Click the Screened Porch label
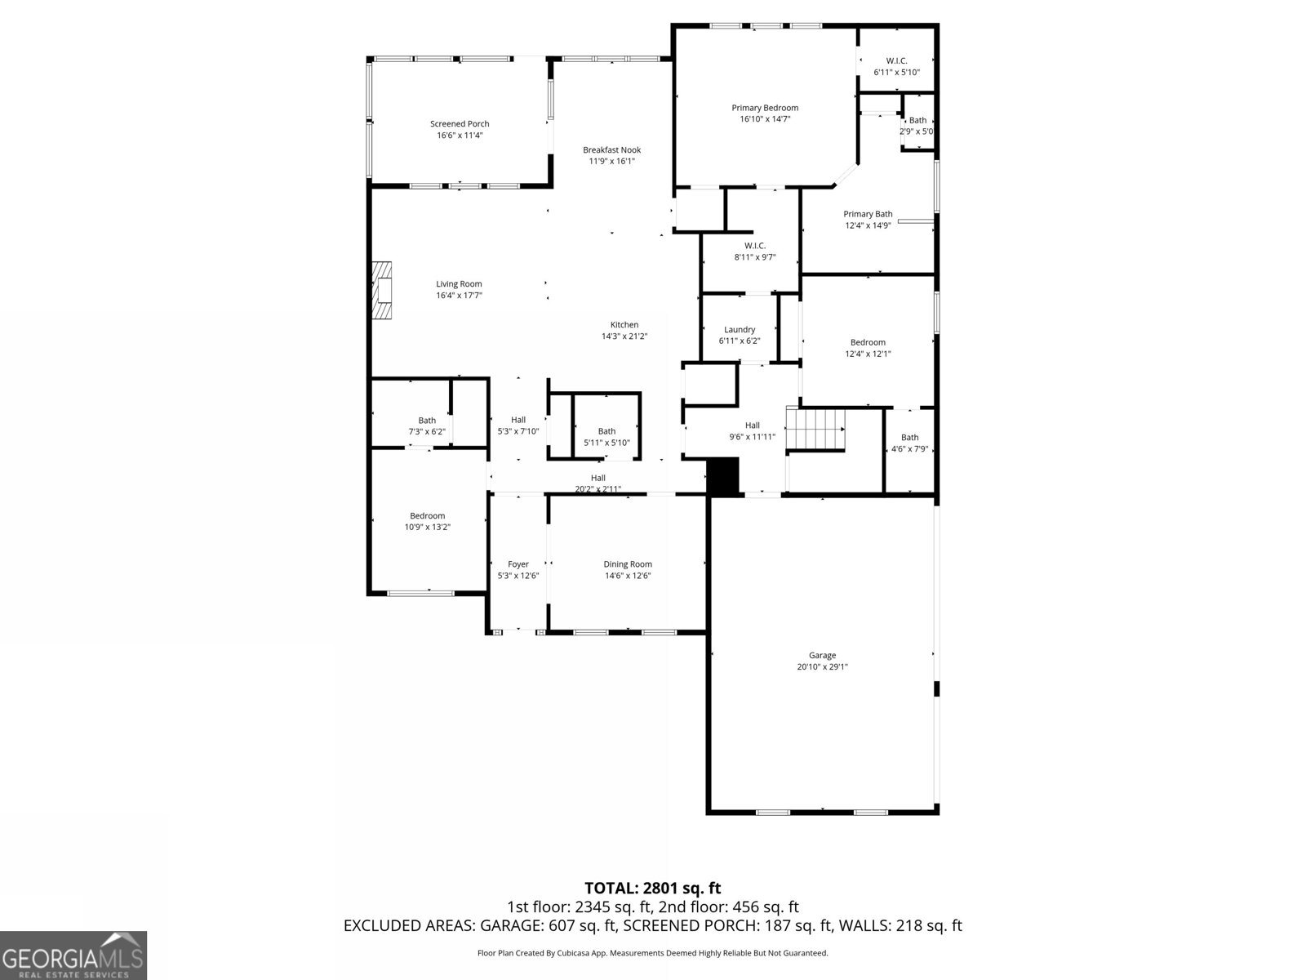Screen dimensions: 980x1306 [460, 124]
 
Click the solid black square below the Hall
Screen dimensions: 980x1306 [722, 476]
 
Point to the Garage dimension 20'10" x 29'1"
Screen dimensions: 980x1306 [822, 667]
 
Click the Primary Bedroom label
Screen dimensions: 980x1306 [765, 108]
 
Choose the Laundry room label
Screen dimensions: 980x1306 [740, 330]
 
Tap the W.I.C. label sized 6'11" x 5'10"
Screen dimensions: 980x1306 [896, 61]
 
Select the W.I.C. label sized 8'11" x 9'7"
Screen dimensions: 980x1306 [754, 246]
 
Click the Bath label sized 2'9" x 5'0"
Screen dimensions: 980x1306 [917, 120]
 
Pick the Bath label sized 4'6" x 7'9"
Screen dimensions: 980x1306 [909, 438]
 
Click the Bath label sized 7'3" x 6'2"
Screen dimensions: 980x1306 [427, 421]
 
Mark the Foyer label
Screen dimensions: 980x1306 [518, 564]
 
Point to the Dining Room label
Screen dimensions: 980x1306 [628, 564]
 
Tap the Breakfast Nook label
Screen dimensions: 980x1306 [611, 150]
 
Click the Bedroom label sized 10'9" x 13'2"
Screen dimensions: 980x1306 [427, 516]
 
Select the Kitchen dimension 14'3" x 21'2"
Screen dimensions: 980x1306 [624, 336]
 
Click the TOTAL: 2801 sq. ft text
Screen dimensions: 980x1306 [652, 888]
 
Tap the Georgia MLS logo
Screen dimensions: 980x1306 [73, 955]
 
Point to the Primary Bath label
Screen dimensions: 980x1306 [868, 214]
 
